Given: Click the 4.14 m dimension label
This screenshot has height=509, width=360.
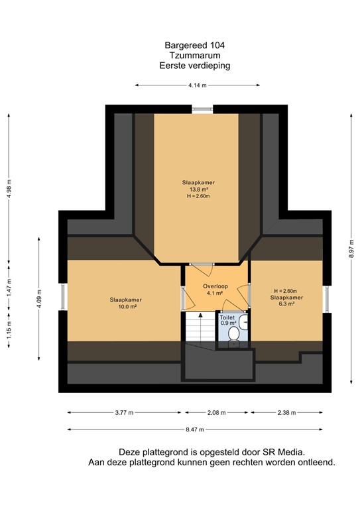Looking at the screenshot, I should point(198,85).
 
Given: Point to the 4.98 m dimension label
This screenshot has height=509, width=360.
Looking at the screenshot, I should point(9,188).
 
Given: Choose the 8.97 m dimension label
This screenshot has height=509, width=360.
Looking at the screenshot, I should point(351,251).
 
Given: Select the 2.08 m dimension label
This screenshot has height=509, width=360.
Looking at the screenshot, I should point(216,412).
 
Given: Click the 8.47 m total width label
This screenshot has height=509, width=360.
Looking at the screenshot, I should point(198,429).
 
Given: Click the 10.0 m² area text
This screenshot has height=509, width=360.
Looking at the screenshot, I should point(126,307).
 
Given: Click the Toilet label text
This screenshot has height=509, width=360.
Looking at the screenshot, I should point(227,317).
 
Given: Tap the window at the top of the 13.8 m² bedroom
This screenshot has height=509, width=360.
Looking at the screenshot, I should point(201,109).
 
